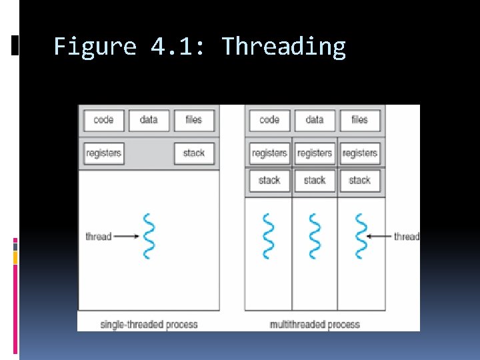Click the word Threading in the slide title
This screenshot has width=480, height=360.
(283, 47)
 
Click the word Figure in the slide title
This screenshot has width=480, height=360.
(95, 47)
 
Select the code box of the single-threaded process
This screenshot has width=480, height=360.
(103, 120)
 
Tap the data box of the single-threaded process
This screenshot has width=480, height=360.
(149, 120)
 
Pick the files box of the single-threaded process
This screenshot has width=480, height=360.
(194, 120)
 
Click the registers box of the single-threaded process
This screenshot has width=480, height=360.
(103, 153)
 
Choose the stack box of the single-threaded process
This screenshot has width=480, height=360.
(194, 153)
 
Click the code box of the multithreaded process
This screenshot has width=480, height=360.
(269, 120)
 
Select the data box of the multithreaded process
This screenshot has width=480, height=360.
(315, 120)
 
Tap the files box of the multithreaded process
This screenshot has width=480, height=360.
(359, 120)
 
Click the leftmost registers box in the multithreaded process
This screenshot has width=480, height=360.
(269, 153)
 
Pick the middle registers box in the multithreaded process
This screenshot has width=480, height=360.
(315, 153)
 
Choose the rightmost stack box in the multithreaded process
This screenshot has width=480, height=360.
(359, 180)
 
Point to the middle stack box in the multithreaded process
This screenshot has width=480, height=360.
(315, 180)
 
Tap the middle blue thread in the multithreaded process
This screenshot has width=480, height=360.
(315, 236)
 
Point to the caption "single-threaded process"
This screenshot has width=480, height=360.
(149, 325)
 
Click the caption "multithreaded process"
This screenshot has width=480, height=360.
(315, 325)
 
